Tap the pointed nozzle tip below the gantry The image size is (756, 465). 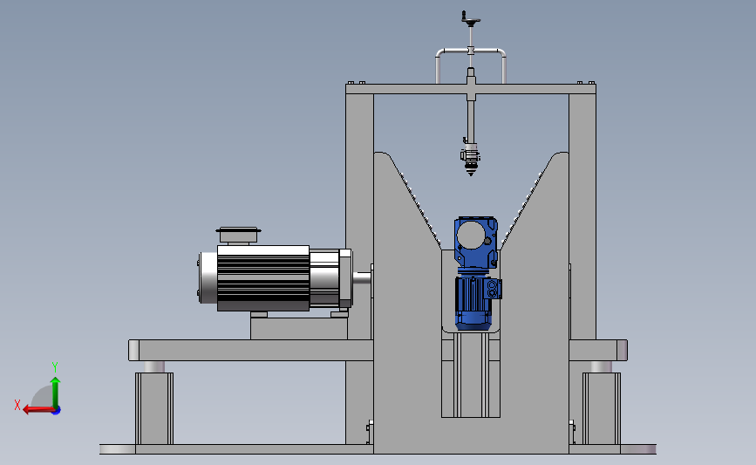(471, 172)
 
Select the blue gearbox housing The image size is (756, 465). (475, 243)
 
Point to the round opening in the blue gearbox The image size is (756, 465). (471, 235)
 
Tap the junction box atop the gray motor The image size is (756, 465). (238, 236)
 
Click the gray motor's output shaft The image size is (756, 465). (362, 277)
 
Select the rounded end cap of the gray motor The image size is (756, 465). (208, 277)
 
